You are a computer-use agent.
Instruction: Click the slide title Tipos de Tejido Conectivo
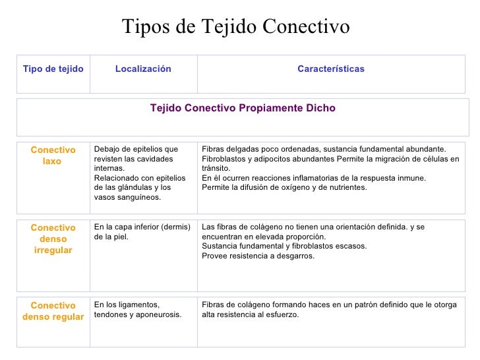click(x=235, y=27)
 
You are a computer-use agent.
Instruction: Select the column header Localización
click(x=143, y=69)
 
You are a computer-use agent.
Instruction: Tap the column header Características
click(x=330, y=69)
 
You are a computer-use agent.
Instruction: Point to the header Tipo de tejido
click(x=53, y=69)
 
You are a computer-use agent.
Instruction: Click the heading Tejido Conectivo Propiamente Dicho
click(x=243, y=108)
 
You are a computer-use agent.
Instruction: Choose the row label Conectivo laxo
click(x=53, y=156)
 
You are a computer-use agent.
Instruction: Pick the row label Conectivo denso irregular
click(x=53, y=239)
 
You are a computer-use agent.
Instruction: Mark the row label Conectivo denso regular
click(x=53, y=311)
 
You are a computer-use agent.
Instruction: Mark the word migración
click(x=388, y=159)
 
